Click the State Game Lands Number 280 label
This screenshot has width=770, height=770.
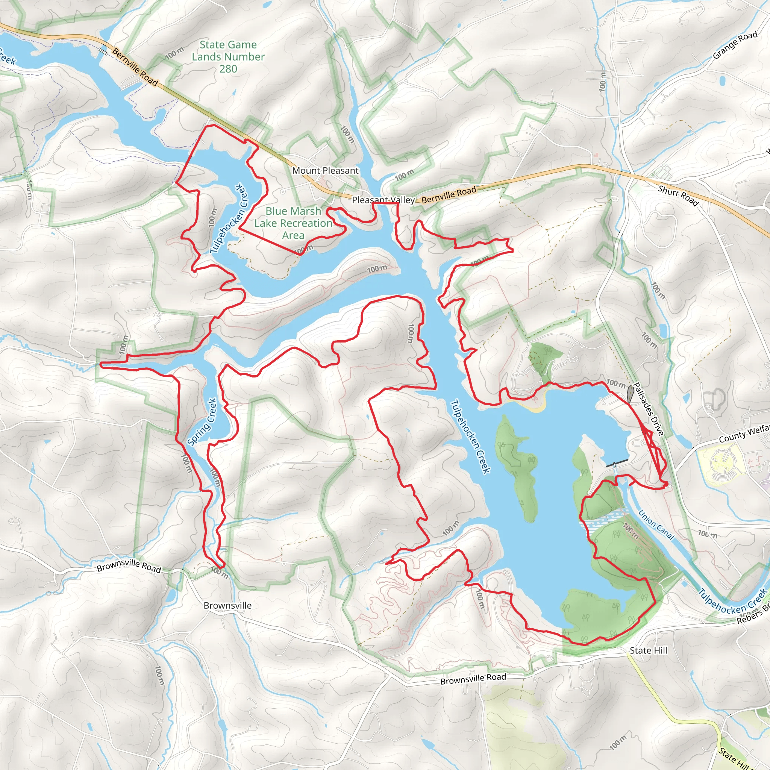[x=228, y=57]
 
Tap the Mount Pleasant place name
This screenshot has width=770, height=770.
[x=325, y=171]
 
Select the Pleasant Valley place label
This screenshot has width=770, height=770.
[x=383, y=200]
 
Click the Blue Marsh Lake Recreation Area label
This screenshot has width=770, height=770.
[x=293, y=223]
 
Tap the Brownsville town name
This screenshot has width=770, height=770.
[x=227, y=605]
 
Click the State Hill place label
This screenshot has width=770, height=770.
[x=649, y=650]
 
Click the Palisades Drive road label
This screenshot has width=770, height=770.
[x=649, y=409]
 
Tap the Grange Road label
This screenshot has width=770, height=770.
[x=735, y=45]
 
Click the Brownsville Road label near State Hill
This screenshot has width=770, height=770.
[x=473, y=679]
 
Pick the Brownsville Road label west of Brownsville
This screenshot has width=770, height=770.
[x=129, y=566]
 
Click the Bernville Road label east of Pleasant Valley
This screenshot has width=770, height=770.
[x=449, y=195]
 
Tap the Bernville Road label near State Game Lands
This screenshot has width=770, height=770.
[x=135, y=67]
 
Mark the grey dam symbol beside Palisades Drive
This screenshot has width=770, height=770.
[x=630, y=394]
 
